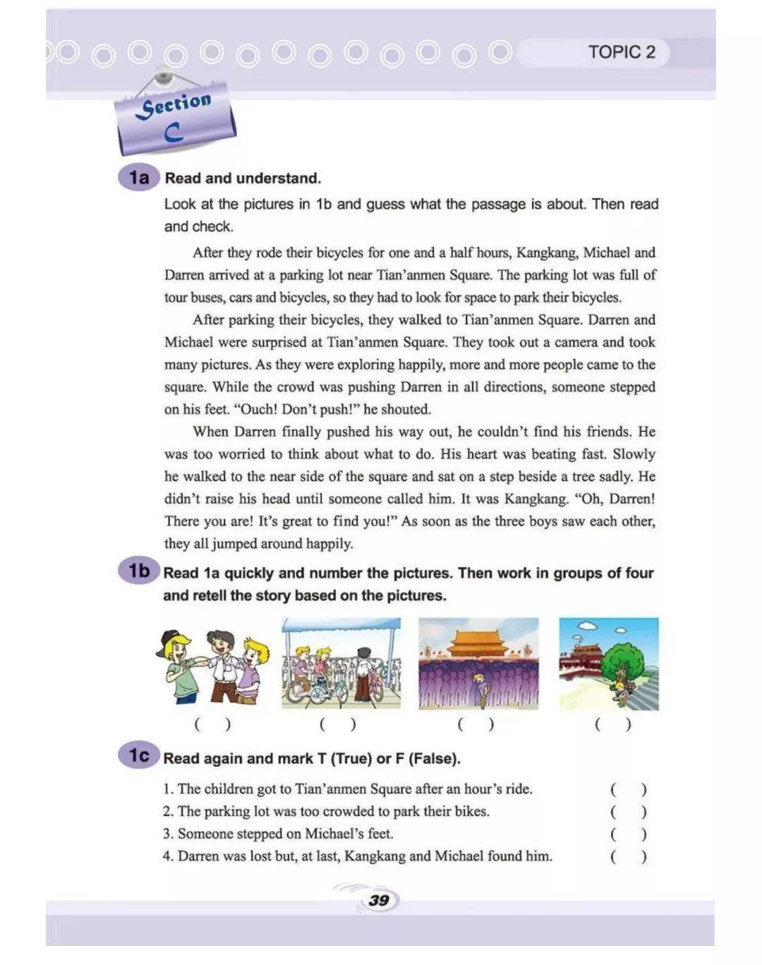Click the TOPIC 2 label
pos(621,52)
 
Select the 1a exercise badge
pos(139,178)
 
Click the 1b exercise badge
pos(139,571)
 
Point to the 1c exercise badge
pos(139,756)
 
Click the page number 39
pos(379,900)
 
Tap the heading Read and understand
pos(243,178)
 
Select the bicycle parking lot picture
pos(341,664)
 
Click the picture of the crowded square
pos(478,664)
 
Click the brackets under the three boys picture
pos(212,724)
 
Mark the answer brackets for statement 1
pos(628,790)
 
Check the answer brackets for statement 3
pos(628,834)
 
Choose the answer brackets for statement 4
pos(628,857)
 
